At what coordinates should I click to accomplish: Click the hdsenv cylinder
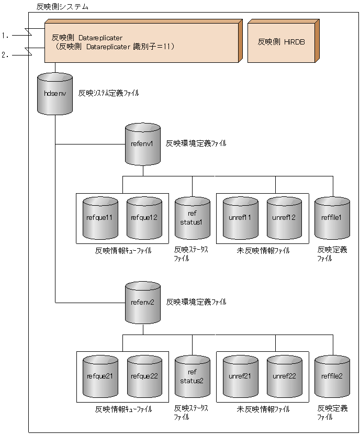coord(55,94)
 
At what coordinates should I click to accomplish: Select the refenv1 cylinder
coord(143,144)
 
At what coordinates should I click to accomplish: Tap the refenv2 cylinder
coord(143,303)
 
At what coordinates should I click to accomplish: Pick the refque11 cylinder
coord(100,217)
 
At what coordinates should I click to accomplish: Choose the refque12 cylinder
coord(144,217)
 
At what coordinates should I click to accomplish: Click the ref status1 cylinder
coord(192,218)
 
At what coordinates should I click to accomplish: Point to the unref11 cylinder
coord(240,217)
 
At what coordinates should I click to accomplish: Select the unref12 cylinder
coord(284,217)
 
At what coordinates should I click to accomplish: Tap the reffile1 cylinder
coord(332,217)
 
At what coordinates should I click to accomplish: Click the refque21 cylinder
coord(100,376)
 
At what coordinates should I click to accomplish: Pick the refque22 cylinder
coord(144,376)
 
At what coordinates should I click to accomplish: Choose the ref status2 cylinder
coord(192,376)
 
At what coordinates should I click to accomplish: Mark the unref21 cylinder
coord(240,376)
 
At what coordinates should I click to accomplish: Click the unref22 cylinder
coord(284,376)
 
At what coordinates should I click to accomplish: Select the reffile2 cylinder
coord(332,376)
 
